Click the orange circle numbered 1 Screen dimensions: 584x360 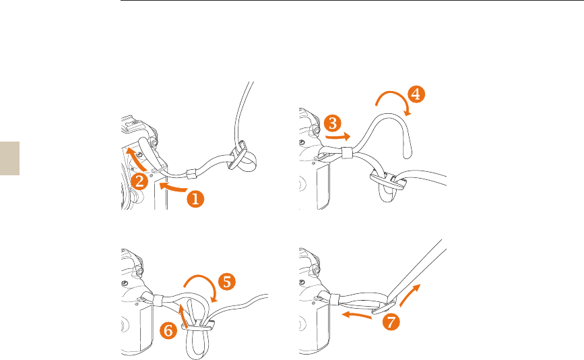[x=195, y=199]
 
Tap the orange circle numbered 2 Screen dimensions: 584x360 [x=139, y=181]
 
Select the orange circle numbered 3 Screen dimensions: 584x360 [x=333, y=123]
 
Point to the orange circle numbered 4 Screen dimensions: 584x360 [x=416, y=94]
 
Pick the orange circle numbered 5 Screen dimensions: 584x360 [x=227, y=282]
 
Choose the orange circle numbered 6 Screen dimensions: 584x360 [x=168, y=330]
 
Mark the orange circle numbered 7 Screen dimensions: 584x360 [x=391, y=322]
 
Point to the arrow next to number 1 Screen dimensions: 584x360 [x=172, y=187]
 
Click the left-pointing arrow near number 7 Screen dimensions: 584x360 [x=356, y=316]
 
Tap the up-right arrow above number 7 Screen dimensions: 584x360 [x=410, y=295]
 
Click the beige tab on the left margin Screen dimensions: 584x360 [x=9, y=158]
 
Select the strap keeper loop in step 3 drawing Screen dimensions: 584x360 [x=347, y=153]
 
